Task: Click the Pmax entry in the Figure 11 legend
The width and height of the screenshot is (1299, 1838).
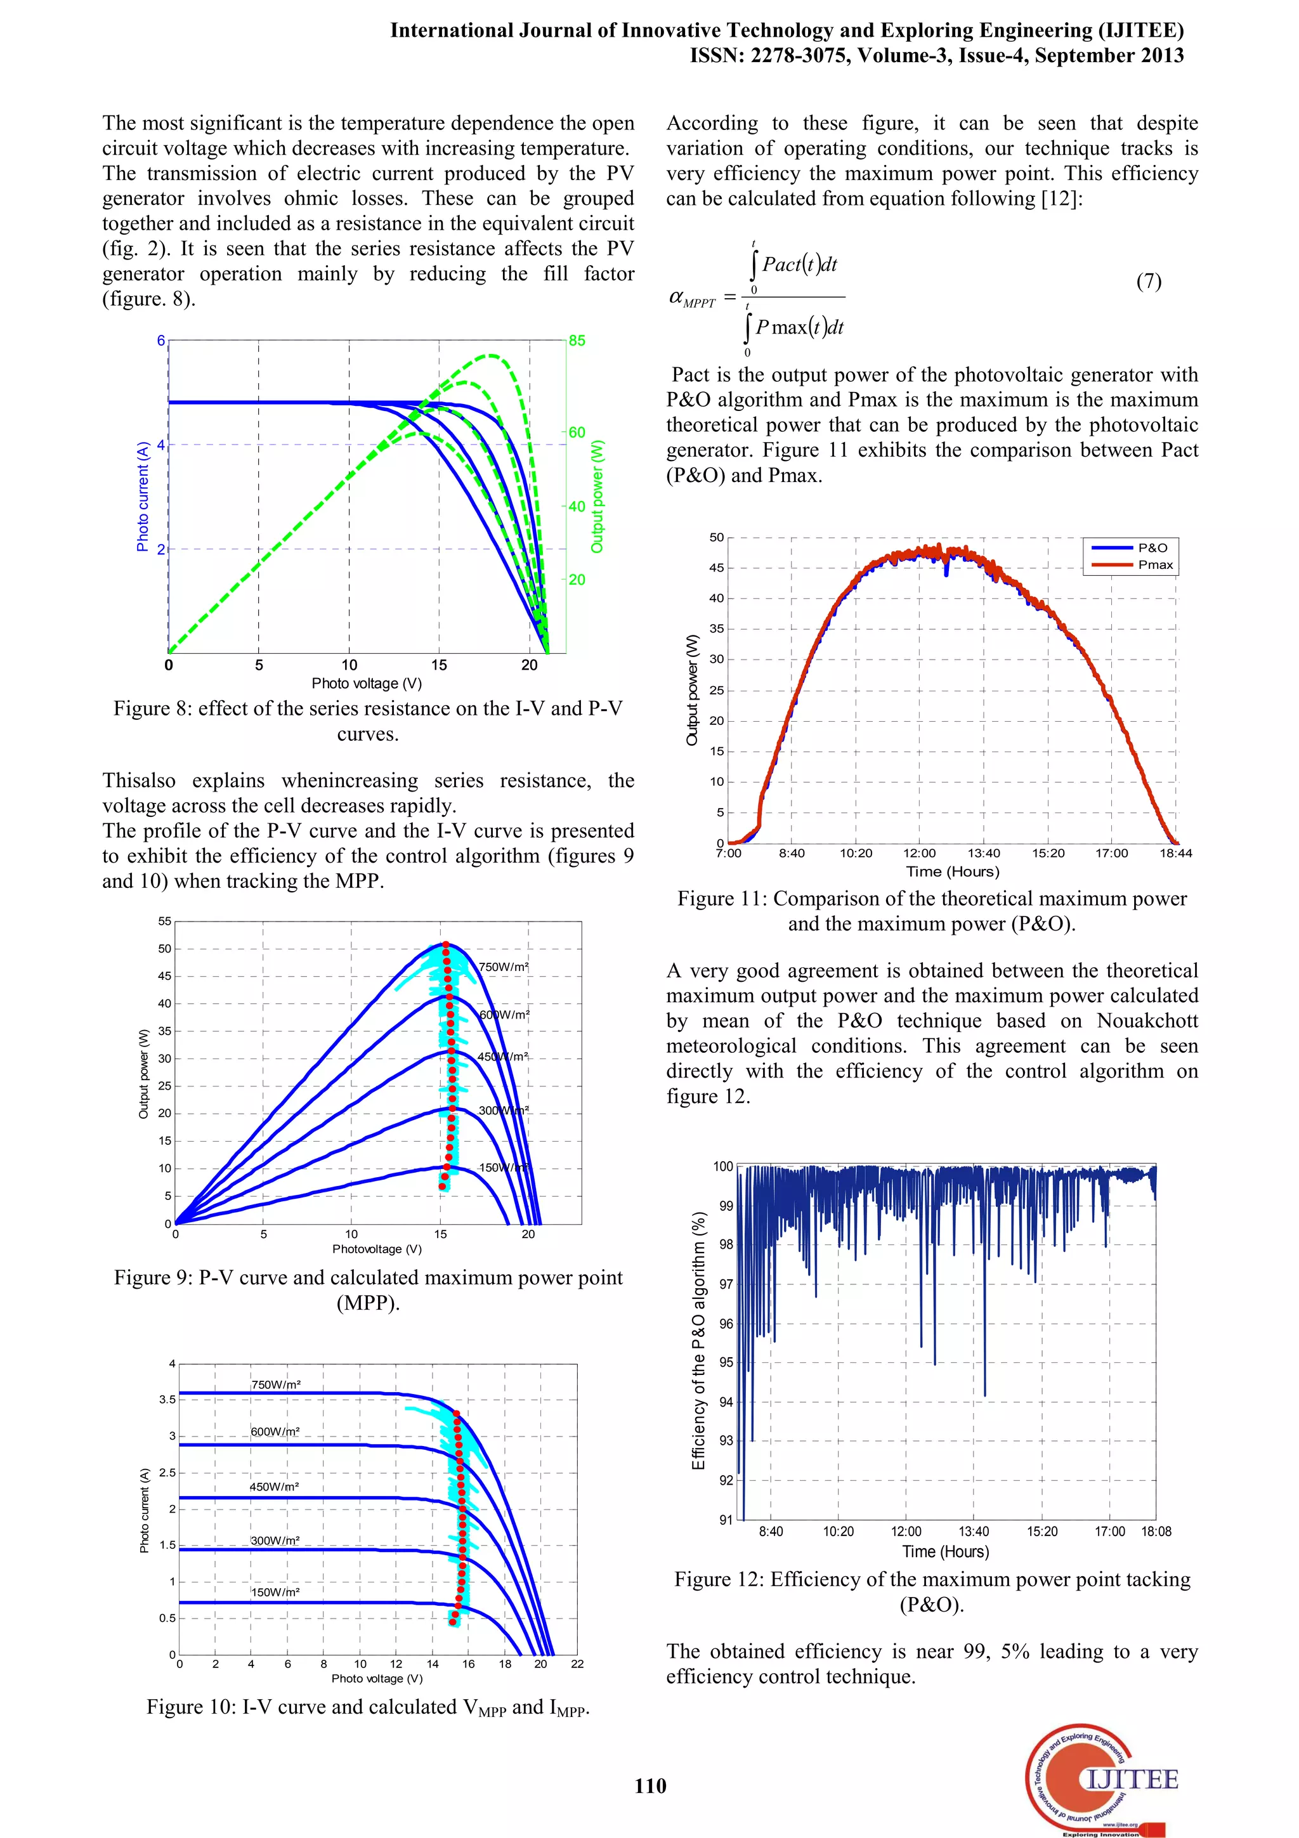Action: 1155,564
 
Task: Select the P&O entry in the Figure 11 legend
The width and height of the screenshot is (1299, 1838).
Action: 1152,547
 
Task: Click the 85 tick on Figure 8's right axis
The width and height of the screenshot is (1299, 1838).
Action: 577,340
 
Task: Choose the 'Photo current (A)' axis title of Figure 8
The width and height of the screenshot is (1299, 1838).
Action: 143,497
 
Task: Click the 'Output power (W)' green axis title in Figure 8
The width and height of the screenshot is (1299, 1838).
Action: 597,497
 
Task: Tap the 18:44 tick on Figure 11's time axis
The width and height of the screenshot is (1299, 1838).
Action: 1176,854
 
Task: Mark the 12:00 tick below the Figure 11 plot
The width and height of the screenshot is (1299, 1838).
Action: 920,854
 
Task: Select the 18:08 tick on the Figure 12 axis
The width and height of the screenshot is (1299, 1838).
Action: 1156,1532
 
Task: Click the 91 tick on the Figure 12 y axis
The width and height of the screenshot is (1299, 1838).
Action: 725,1520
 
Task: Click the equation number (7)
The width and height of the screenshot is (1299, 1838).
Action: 1149,281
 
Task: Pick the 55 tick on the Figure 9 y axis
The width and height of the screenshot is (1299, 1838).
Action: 164,922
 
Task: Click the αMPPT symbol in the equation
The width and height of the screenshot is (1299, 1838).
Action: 691,299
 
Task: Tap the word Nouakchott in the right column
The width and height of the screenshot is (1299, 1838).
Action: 1147,1020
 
